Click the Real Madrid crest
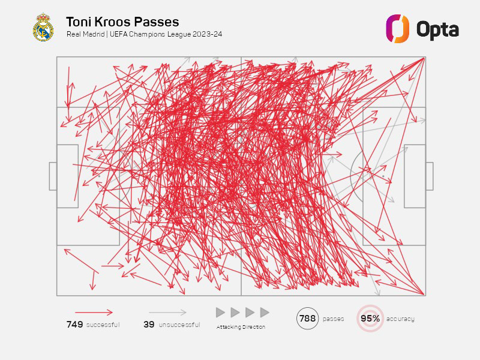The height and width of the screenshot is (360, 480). click(x=43, y=28)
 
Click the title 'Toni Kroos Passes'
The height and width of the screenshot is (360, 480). click(x=122, y=22)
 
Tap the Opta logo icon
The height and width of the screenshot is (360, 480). click(x=397, y=28)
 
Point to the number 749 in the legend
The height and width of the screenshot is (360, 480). click(x=74, y=325)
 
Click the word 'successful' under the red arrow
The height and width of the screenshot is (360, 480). click(x=103, y=325)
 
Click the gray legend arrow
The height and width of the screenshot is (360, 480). click(x=167, y=312)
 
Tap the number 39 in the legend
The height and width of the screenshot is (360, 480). click(x=149, y=325)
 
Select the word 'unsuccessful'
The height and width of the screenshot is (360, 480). click(x=180, y=325)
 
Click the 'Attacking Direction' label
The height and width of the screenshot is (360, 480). click(x=241, y=327)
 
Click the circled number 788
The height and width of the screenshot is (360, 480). click(x=307, y=319)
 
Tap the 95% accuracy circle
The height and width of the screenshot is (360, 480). click(x=370, y=319)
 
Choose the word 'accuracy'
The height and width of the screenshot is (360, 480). click(x=401, y=319)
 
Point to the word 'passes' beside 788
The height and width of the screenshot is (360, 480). click(x=334, y=319)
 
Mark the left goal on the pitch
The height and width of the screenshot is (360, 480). click(x=53, y=176)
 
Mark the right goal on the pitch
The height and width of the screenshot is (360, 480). click(x=429, y=176)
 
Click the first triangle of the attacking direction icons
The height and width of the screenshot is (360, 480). click(x=220, y=313)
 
